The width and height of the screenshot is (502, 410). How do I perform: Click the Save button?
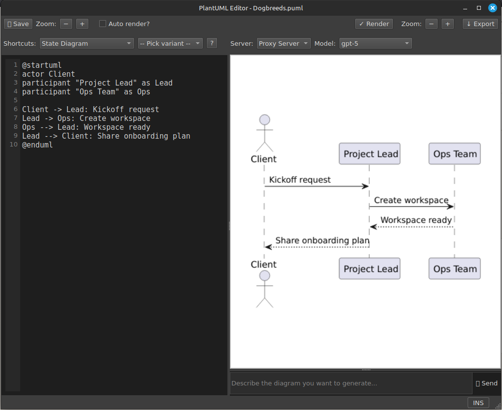click(18, 24)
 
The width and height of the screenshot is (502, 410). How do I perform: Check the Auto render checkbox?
click(103, 24)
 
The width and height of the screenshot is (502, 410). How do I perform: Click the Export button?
click(480, 24)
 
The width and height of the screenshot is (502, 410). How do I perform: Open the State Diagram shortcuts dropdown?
click(87, 43)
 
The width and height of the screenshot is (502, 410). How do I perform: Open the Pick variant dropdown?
click(170, 43)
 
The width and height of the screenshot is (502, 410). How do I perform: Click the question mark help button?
click(212, 43)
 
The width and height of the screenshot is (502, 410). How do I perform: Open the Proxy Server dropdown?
click(283, 43)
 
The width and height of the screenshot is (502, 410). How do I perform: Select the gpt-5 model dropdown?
click(375, 43)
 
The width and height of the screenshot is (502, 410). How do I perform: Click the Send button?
click(486, 383)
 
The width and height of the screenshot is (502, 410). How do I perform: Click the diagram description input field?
click(351, 383)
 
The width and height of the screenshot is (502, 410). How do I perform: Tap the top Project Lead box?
click(370, 154)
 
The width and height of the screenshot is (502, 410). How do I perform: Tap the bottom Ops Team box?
click(454, 269)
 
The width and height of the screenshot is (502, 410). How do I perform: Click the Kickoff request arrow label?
click(300, 180)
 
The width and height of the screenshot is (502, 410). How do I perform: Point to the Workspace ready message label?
click(416, 220)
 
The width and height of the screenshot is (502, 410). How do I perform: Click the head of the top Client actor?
click(265, 120)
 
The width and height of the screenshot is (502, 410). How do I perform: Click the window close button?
click(492, 8)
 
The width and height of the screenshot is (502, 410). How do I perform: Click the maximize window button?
click(479, 8)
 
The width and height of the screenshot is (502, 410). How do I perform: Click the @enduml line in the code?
click(37, 145)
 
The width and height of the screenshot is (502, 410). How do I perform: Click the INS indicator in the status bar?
click(478, 403)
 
